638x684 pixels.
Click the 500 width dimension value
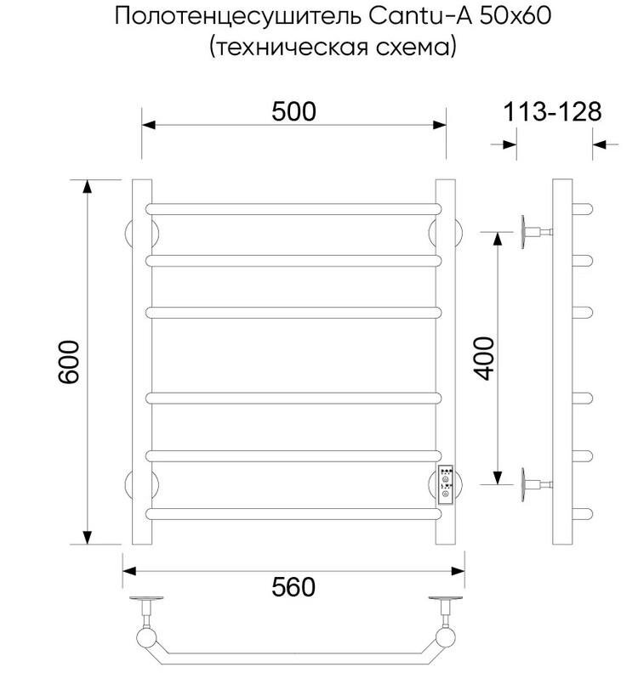tap(294, 111)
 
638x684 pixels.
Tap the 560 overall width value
tap(294, 586)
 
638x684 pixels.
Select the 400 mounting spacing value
tap(483, 357)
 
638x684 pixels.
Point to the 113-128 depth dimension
tap(553, 111)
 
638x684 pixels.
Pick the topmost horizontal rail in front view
tap(294, 208)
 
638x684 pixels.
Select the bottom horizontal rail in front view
tap(294, 512)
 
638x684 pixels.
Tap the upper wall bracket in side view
tap(534, 229)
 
